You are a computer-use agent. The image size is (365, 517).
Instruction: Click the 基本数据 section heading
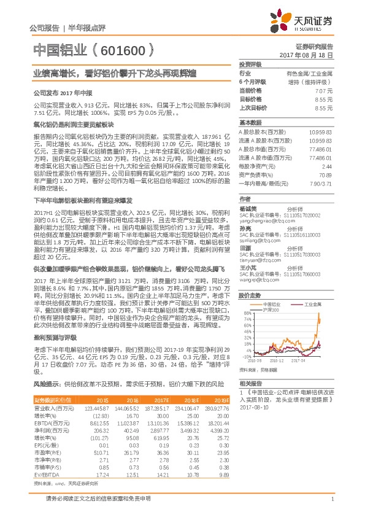(250, 122)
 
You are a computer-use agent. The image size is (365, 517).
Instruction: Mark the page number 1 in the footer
(332, 499)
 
